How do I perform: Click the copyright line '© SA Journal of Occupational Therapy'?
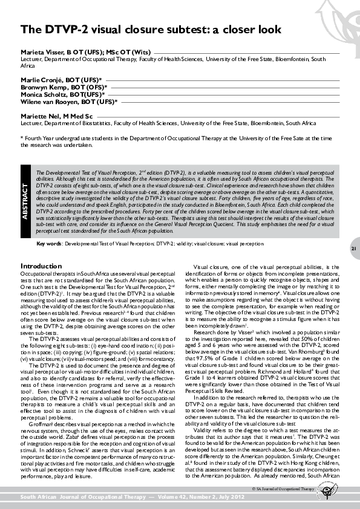(x=285, y=487)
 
